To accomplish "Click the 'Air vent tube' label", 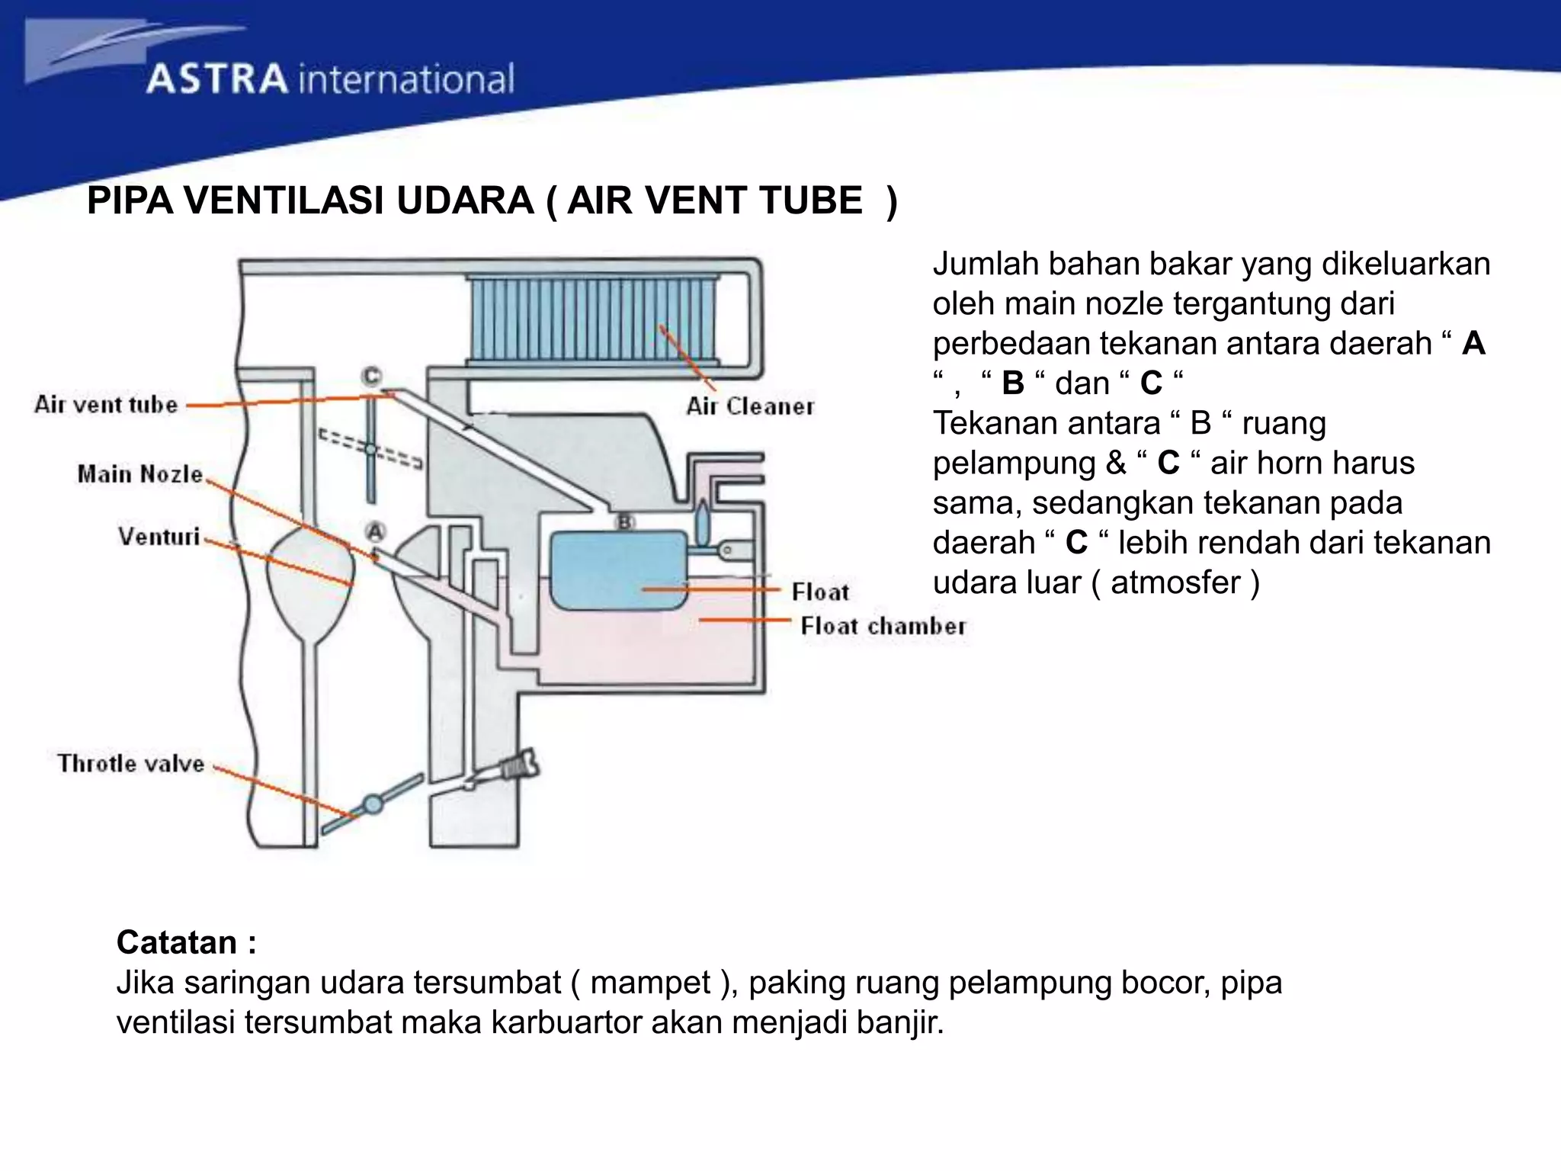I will coord(106,404).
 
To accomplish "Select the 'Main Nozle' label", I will coord(140,474).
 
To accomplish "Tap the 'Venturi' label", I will coord(159,537).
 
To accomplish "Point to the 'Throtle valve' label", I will coord(130,763).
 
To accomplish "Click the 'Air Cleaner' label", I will coord(750,406).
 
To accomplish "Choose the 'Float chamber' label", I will coord(883,627).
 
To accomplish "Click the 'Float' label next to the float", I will coord(820,592).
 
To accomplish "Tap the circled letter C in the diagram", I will coord(371,376).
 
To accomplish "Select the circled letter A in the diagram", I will coord(375,531).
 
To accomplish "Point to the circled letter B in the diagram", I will coord(625,522).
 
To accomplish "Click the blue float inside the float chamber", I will coord(619,568).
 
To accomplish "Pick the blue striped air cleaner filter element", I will coord(593,319).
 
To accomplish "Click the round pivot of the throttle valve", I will coord(372,804).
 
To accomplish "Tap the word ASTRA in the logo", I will coord(217,79).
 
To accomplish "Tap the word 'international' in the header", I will coord(406,79).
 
